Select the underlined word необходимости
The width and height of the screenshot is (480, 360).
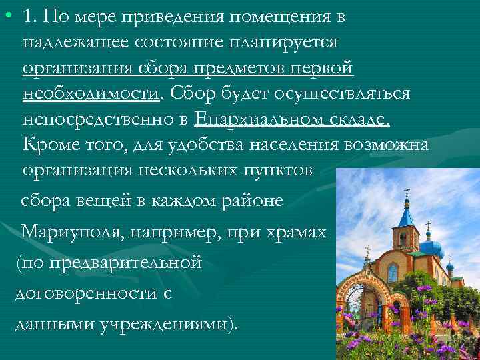[x=91, y=93]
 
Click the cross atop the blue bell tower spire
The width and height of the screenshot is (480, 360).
[x=407, y=193]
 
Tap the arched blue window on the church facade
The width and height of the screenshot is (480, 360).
[x=393, y=272]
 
